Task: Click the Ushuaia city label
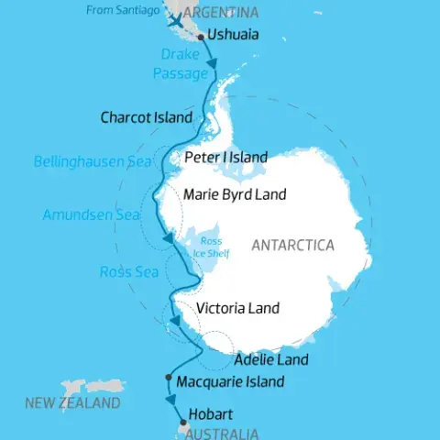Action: coord(233,35)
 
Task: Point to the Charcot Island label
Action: coord(147,117)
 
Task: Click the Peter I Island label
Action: coord(226,158)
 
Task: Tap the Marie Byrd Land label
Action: coord(235,194)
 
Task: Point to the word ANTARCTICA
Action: coord(293,245)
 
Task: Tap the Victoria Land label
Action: coord(238,309)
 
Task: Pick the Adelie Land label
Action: coord(271,359)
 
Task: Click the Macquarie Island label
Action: coord(229,381)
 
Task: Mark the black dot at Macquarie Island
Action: coord(169,378)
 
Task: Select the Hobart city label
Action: coord(210,413)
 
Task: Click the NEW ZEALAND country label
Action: coord(72,403)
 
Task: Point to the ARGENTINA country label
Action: coord(221,13)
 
